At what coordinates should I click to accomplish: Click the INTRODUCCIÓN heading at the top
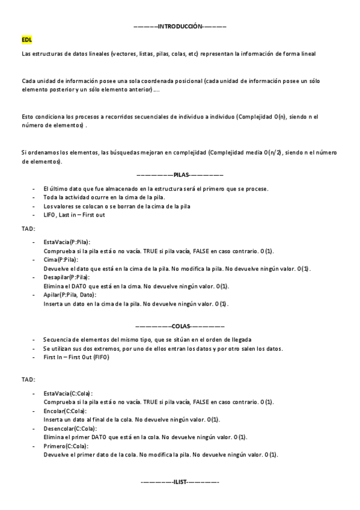coord(180,27)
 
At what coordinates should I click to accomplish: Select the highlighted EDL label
coord(26,39)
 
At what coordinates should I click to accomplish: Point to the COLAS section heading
coord(180,326)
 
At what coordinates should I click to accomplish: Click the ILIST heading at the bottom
coord(180,482)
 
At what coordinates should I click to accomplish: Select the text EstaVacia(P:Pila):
coord(67,241)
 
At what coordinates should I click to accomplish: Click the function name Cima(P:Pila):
coord(61,259)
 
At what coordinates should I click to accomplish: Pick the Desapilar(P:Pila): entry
coord(66,277)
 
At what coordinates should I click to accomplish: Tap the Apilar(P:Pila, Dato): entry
coord(70,295)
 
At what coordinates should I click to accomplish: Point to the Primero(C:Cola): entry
coord(66,446)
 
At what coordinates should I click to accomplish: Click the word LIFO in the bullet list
coord(49,215)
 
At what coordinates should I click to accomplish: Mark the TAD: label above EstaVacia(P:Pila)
coord(28,229)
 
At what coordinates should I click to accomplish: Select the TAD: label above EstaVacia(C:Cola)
coord(28,379)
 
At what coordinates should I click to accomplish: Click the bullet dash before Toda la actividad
coord(32,197)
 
